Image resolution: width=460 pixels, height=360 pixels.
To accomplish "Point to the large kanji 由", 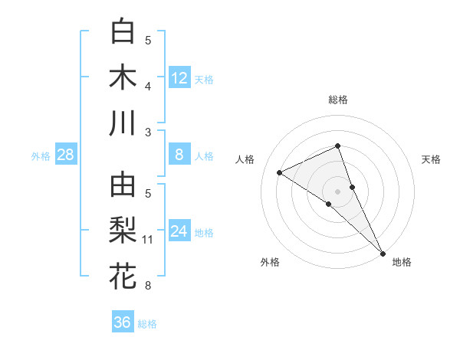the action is [123, 185].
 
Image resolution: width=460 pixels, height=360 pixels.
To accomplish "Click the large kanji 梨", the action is [123, 231].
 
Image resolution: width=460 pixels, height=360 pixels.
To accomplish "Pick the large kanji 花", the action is [123, 277].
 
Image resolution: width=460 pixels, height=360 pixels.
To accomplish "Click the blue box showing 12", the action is [179, 78].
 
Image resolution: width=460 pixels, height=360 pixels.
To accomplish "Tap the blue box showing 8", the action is [179, 155].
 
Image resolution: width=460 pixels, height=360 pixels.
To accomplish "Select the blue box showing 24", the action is [179, 232].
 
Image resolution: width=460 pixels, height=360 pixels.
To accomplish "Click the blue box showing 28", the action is [66, 155].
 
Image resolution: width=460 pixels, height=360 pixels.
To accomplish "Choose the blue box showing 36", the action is [123, 322].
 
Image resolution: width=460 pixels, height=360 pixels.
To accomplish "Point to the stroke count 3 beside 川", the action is [148, 133].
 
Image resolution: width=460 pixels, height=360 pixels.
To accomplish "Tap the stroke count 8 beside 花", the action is [148, 286].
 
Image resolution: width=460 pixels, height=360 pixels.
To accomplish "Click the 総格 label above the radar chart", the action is [338, 100].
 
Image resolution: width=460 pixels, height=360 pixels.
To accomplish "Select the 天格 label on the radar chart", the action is [431, 159].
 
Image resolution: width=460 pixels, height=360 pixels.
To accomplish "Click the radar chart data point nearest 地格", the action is [382, 251].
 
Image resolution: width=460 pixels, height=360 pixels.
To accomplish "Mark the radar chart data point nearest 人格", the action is [280, 172].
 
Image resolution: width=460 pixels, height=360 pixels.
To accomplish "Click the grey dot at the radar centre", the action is [338, 191].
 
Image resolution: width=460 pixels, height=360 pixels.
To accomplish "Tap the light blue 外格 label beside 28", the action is [41, 156].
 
